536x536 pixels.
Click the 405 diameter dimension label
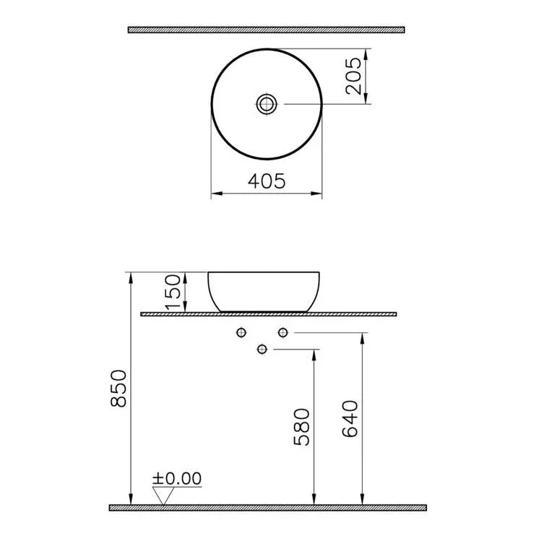coord(267,181)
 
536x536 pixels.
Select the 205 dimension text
coord(353,76)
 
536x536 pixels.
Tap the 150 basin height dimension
coord(173,292)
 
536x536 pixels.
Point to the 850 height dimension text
coord(118,388)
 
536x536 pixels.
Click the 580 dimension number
coord(301,427)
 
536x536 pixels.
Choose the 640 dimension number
coord(350,419)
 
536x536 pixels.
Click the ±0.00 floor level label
coord(177,478)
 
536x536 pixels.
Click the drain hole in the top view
coord(267,103)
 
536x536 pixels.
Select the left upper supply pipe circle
coord(241,332)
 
